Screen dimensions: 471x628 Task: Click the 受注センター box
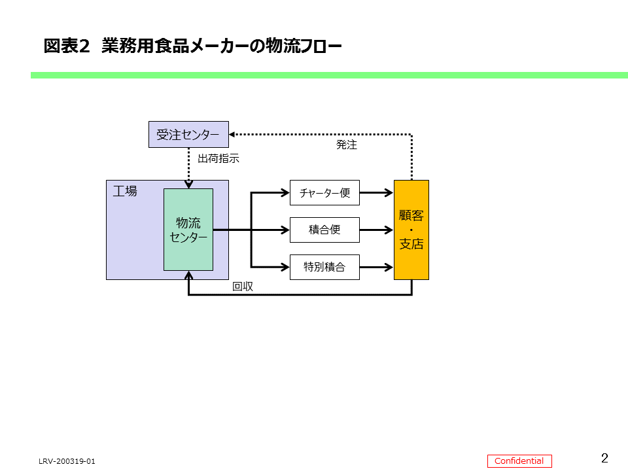[x=188, y=134]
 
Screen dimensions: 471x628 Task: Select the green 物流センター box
[x=188, y=230]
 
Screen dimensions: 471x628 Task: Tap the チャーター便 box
[x=324, y=193]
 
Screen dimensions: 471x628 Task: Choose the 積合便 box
[x=324, y=230]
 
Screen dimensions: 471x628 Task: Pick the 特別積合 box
[x=324, y=267]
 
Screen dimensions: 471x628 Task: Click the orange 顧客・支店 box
[x=411, y=230]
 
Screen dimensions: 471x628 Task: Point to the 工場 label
[x=125, y=191]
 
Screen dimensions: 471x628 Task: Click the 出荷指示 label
[x=218, y=158]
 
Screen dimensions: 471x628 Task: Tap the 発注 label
[x=347, y=145]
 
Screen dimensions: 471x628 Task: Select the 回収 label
[x=243, y=287]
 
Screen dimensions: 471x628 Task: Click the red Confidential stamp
[x=519, y=461]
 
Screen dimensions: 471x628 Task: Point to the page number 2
[x=604, y=458]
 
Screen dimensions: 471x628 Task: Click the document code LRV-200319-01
[x=67, y=461]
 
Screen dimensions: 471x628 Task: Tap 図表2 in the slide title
[x=66, y=46]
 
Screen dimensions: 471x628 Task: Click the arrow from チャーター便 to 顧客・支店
[x=377, y=193]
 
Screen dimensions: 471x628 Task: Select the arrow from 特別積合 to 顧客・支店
[x=377, y=267]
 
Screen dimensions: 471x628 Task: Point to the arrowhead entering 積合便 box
[x=285, y=230]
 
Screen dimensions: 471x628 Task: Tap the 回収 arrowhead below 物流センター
[x=188, y=275]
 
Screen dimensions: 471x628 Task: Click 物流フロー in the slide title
[x=304, y=46]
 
